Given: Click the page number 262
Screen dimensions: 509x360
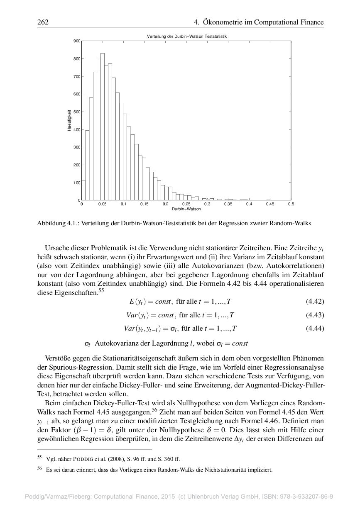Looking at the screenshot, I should [43, 22].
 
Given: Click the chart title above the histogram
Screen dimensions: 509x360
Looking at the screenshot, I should [186, 37].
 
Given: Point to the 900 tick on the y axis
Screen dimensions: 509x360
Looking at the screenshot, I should [77, 41].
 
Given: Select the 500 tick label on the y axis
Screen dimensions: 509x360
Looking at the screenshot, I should [77, 112].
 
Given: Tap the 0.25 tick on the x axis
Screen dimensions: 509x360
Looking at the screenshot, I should [186, 204].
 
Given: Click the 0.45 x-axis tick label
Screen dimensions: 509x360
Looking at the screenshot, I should [270, 204].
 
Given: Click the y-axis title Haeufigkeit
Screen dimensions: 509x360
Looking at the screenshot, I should [69, 120].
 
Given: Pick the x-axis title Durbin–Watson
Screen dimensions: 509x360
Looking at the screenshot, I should [186, 209].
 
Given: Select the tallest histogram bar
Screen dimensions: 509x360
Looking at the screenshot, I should [103, 127].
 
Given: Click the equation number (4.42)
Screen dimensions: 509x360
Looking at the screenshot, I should [315, 302].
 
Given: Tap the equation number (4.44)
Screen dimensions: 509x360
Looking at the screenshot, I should [315, 329].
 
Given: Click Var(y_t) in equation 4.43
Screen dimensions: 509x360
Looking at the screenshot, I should [135, 315].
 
